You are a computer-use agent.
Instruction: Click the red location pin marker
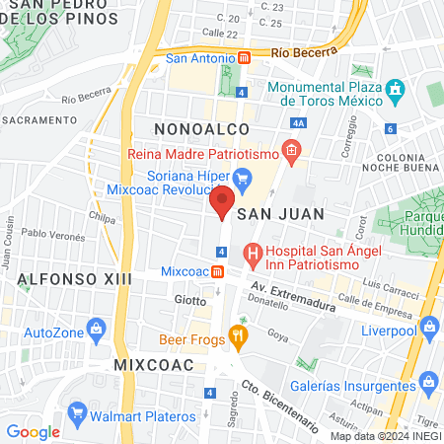pos(222,201)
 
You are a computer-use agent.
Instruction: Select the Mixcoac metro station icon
pos(217,271)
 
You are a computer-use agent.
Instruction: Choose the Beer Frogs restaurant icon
pos(238,337)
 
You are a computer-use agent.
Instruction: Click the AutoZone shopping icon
pos(96,329)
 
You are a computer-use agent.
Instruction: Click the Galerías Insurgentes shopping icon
pos(427,381)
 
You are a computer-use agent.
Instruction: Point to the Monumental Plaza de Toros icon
pos(397,89)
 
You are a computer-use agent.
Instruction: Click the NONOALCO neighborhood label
pos(192,129)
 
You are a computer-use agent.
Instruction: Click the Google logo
pos(33,431)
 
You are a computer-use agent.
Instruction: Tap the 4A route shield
pos(300,123)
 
